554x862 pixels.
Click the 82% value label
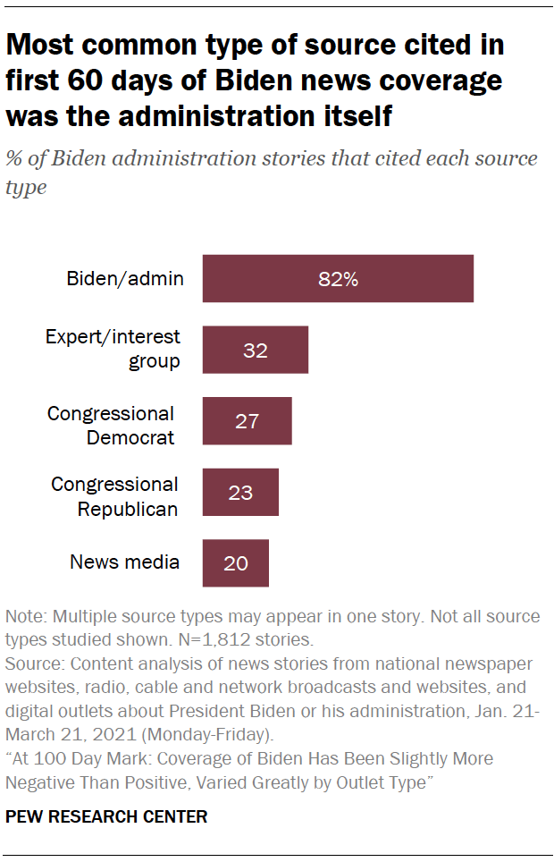point(338,279)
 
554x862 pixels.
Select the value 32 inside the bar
point(256,351)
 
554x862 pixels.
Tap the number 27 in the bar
point(248,421)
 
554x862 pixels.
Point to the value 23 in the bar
point(240,493)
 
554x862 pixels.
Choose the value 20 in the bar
point(236,563)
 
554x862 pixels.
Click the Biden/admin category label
point(125,278)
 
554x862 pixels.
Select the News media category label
point(124,562)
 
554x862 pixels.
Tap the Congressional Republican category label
point(114,496)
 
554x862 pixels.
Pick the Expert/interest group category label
point(113,349)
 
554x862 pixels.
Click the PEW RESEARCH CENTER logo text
point(106,816)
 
